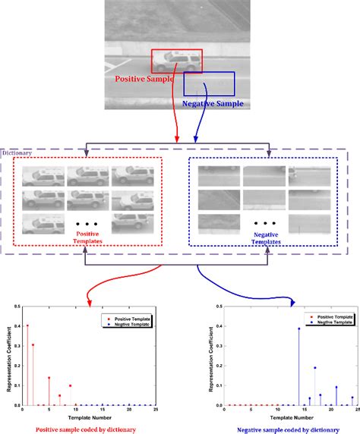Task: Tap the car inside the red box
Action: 176,60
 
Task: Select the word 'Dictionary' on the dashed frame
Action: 19,153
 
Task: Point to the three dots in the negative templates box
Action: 264,224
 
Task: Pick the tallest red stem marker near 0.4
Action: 27,325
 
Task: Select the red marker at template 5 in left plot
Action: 49,378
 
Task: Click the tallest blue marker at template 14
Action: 298,329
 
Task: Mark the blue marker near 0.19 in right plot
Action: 314,368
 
